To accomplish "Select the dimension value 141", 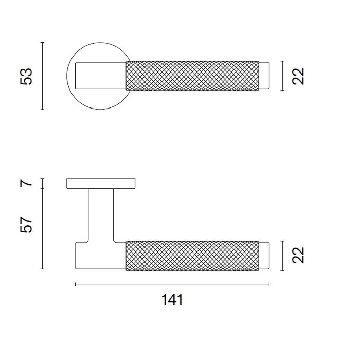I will pos(172,300).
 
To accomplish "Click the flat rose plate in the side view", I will pos(101,184).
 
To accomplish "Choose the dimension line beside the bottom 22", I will pos(282,255).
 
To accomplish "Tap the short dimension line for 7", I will pos(43,184).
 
